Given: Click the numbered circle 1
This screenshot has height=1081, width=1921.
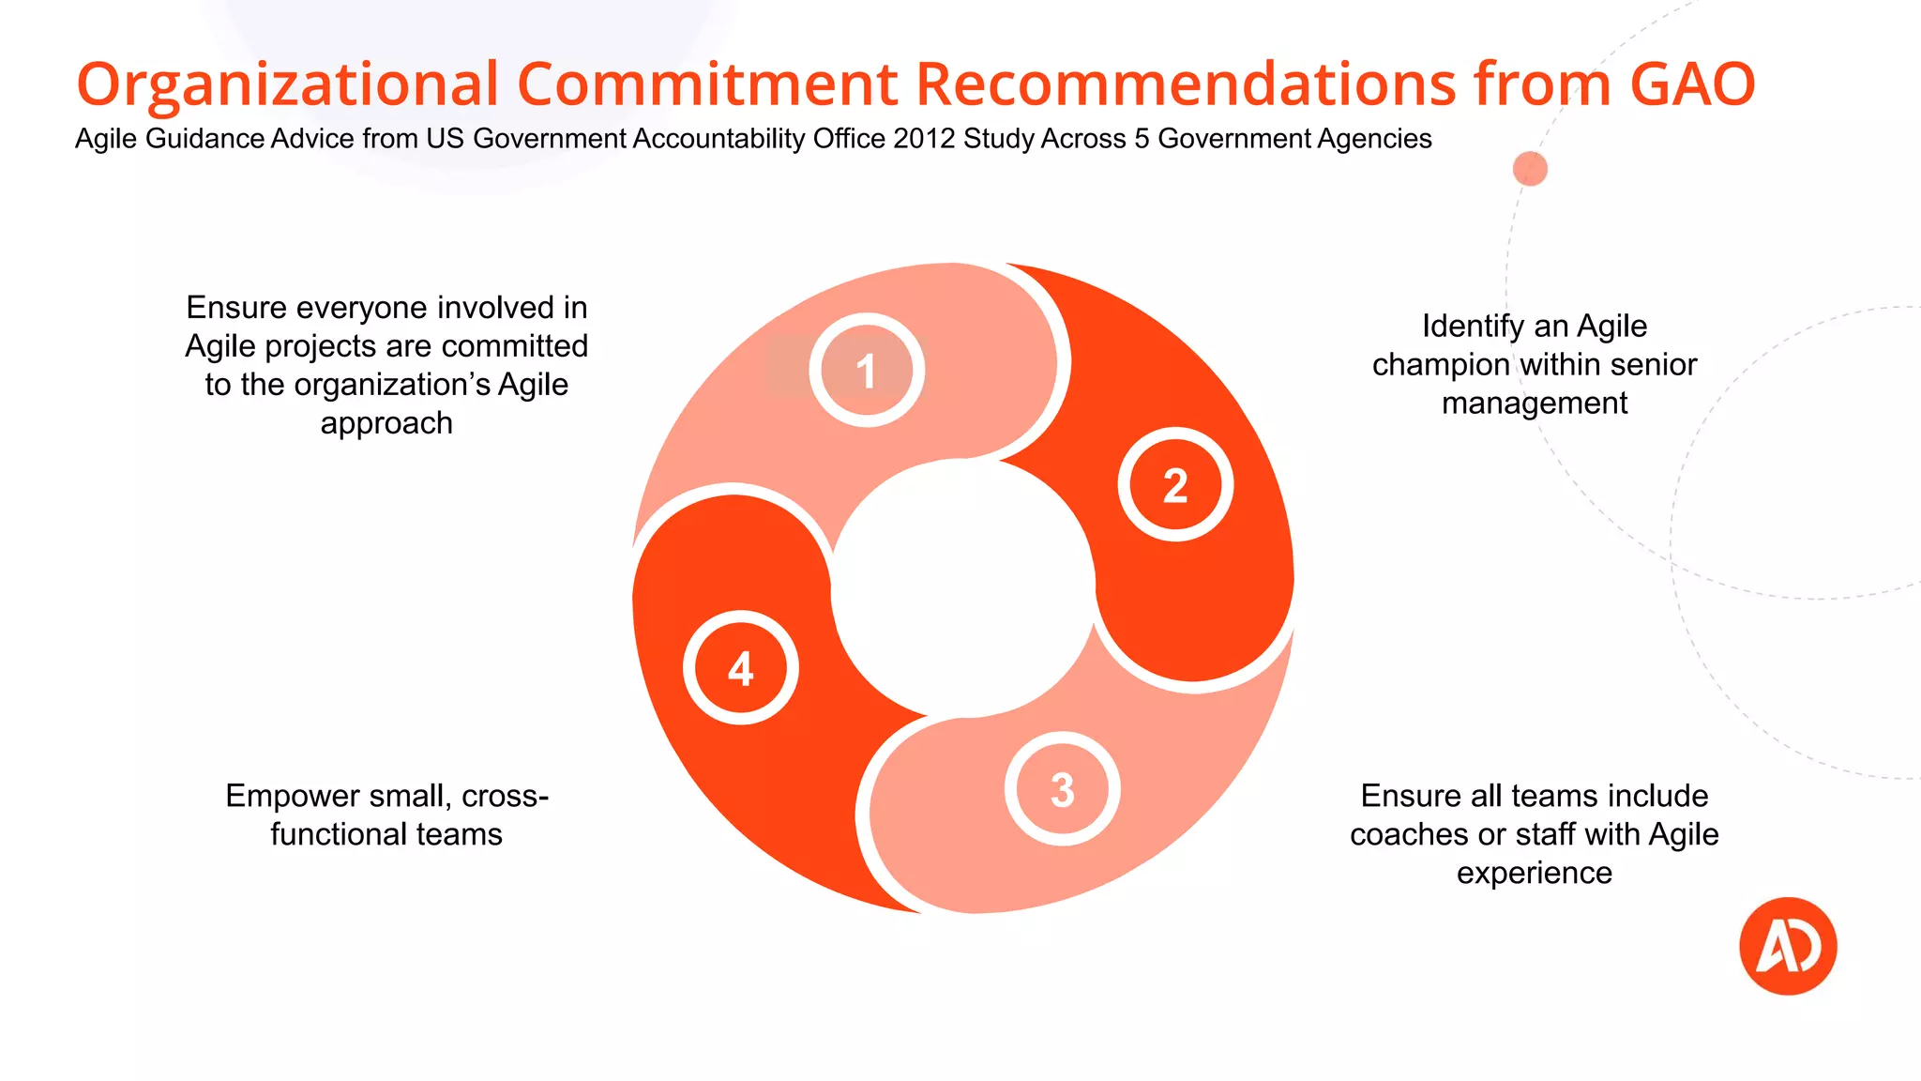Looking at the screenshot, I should click(x=867, y=371).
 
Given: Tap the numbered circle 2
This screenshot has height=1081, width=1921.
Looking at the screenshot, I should click(x=1175, y=485).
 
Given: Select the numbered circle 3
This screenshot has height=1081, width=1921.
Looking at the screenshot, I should click(x=1062, y=789).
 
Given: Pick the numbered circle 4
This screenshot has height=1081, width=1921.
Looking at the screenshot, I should click(x=741, y=668).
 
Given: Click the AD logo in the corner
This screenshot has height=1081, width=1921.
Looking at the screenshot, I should click(x=1788, y=946).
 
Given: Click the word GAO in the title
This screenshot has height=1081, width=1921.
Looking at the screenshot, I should click(x=1692, y=84).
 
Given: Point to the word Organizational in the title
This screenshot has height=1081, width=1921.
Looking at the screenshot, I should click(x=287, y=84).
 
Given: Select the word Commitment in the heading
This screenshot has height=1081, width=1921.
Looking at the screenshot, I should click(x=708, y=84).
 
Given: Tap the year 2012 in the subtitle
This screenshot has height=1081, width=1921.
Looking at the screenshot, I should click(x=924, y=139).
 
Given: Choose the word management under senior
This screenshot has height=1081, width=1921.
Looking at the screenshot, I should click(x=1535, y=403).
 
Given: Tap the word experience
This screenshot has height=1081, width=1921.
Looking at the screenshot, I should click(x=1535, y=873).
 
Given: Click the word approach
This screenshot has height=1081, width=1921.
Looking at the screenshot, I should click(x=386, y=423).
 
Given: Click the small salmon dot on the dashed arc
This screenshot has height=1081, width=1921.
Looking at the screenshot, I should click(x=1530, y=169).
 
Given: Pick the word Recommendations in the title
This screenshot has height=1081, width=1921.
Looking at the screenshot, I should click(x=1186, y=84).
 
